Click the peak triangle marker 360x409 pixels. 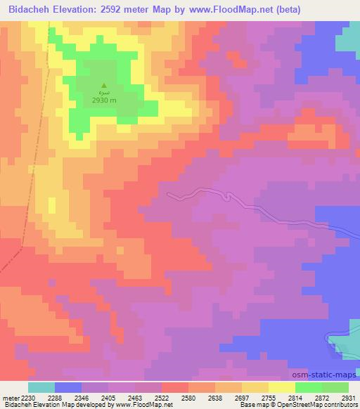click(x=103, y=85)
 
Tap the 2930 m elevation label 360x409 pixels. click(x=103, y=100)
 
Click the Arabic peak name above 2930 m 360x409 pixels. click(x=103, y=93)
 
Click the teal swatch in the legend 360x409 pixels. click(x=41, y=387)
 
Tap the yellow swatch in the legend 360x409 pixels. click(x=281, y=387)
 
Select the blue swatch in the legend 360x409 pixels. click(x=68, y=387)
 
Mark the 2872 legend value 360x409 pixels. click(x=309, y=398)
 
